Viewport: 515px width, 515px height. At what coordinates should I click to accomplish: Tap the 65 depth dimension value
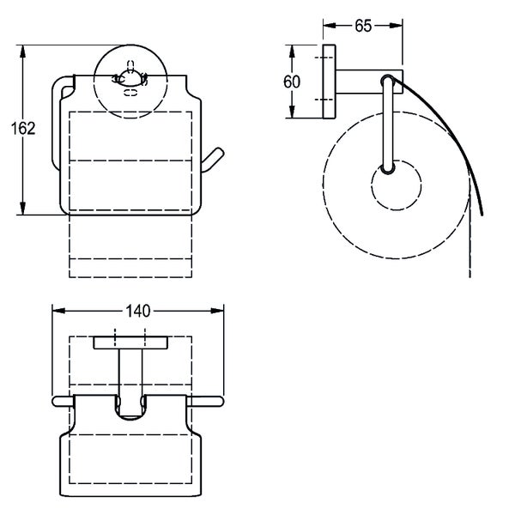pos(363,27)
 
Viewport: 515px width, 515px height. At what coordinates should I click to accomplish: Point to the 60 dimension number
pos(292,82)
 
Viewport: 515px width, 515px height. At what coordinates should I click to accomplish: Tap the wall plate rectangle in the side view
pos(328,82)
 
